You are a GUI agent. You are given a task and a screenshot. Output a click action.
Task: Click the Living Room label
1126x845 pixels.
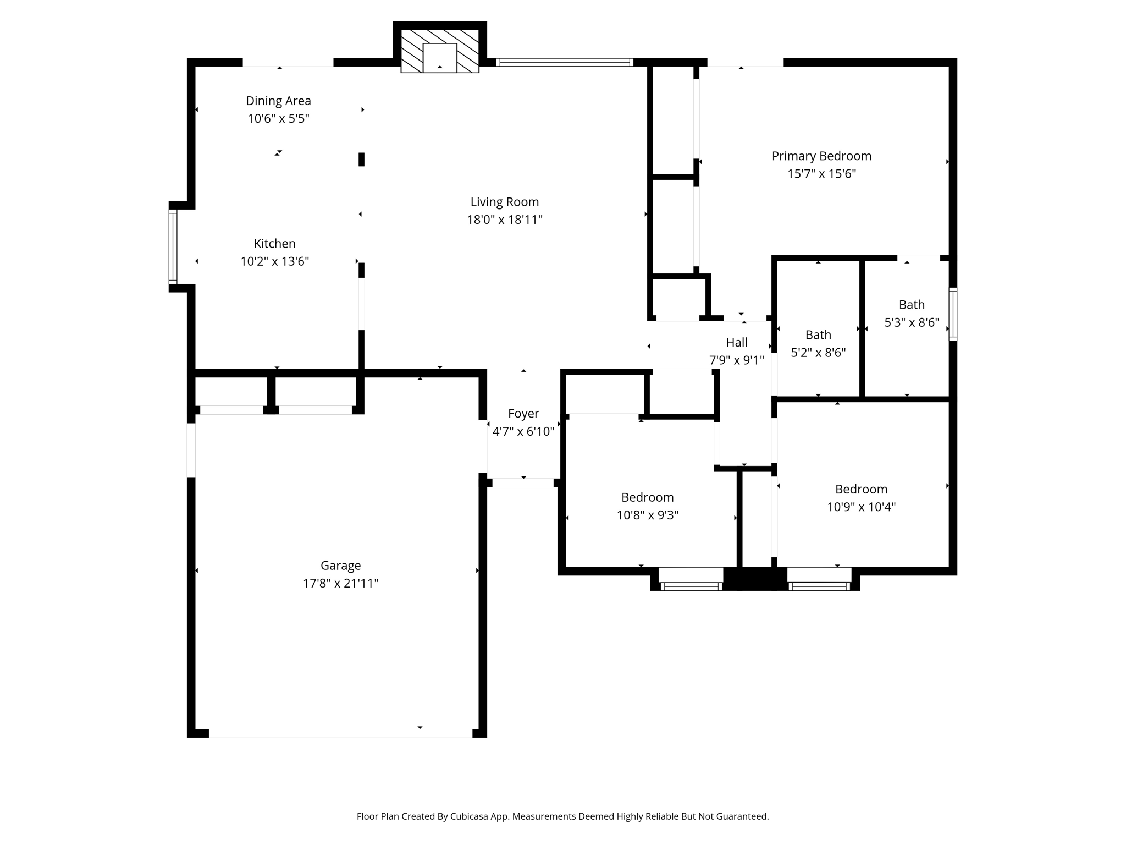click(504, 202)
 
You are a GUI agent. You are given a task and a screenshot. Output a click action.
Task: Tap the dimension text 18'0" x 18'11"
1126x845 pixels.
click(504, 220)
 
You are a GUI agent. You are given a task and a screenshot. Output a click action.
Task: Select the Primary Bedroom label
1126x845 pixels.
click(821, 156)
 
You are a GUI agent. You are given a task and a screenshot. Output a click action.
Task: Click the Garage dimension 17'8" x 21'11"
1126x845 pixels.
click(340, 583)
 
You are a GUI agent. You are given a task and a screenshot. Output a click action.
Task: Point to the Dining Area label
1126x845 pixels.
click(278, 101)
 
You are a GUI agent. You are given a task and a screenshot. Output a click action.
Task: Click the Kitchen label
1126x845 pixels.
click(274, 244)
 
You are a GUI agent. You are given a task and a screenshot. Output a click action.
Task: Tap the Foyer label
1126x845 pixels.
click(523, 414)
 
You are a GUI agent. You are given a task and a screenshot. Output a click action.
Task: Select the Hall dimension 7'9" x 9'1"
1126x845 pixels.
click(736, 360)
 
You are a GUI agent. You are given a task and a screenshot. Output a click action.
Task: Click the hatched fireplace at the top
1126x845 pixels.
click(439, 51)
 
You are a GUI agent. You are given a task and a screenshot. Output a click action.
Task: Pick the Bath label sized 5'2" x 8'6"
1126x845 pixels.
click(818, 334)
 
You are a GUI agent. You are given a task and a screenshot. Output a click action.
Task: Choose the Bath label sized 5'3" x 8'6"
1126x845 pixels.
click(912, 305)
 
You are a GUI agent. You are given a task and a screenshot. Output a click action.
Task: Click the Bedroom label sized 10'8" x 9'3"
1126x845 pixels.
click(647, 497)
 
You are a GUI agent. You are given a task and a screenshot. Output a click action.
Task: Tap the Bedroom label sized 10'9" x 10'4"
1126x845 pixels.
click(861, 489)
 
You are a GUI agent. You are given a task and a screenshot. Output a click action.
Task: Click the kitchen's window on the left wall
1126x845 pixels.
click(173, 246)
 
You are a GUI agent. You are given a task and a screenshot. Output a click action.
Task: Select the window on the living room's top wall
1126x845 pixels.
click(564, 62)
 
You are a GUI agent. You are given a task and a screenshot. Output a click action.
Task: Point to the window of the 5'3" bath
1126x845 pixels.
click(953, 314)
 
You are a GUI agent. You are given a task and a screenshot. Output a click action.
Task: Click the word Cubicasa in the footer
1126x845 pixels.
click(471, 816)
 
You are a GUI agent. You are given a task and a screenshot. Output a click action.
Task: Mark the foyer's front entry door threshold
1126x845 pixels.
click(523, 483)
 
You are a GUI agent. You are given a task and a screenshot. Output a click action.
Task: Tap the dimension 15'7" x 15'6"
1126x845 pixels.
click(821, 174)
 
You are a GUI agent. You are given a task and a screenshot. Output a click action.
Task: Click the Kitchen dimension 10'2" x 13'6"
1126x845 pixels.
click(274, 261)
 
